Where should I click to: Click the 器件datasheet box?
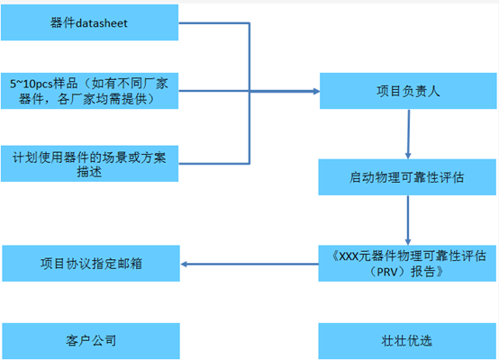[x=89, y=22]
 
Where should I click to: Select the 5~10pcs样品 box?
[x=89, y=91]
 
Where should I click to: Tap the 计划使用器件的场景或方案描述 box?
[x=89, y=164]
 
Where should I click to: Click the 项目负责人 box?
[x=408, y=91]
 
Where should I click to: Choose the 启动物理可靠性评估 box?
[x=407, y=177]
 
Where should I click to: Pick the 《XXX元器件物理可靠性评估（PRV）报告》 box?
[x=407, y=264]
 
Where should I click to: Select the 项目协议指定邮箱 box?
[x=91, y=264]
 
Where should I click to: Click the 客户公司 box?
[x=91, y=341]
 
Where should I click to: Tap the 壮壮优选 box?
[x=407, y=341]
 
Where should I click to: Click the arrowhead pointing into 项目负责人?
[x=316, y=91]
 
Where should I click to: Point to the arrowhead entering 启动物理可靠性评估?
[x=408, y=156]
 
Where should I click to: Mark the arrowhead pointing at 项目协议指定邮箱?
[x=184, y=264]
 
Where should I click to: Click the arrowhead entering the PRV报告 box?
[x=408, y=242]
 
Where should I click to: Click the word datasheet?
[x=102, y=23]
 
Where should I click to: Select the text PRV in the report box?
[x=388, y=272]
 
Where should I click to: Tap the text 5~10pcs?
[x=32, y=84]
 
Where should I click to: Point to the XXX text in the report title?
[x=349, y=256]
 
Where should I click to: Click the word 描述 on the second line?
[x=89, y=172]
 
